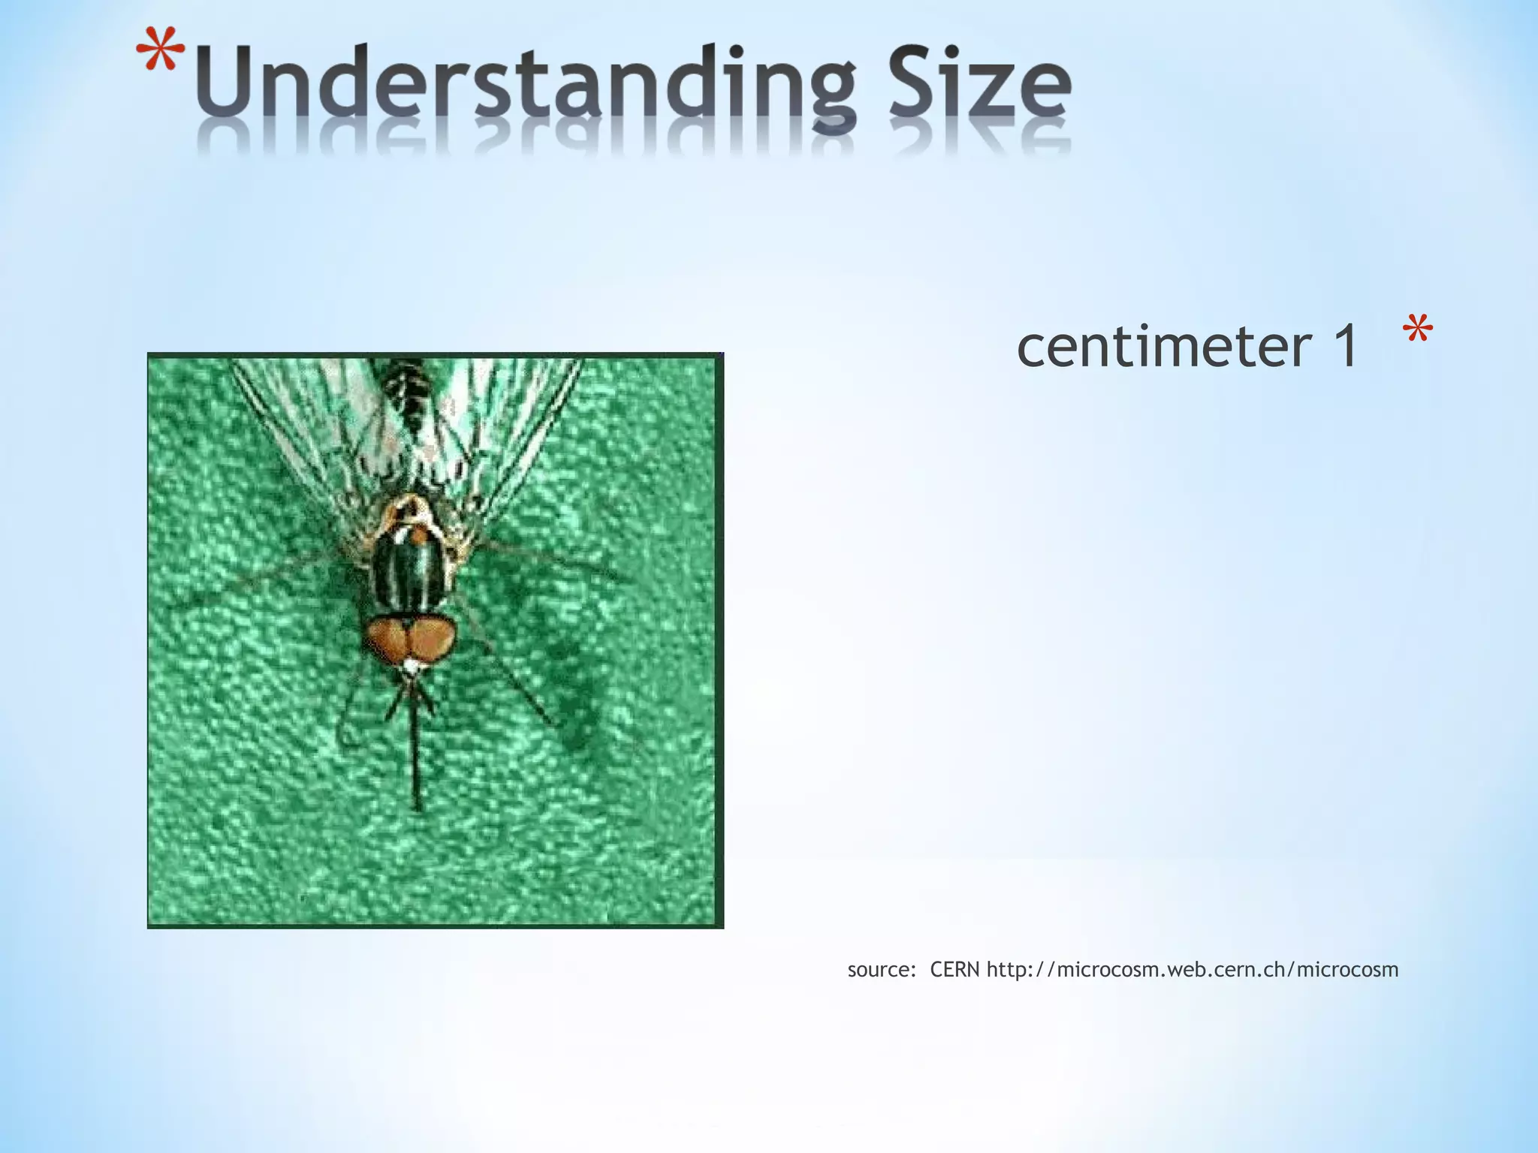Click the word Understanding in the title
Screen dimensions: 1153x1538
(x=526, y=90)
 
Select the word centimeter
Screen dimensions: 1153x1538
(x=1164, y=347)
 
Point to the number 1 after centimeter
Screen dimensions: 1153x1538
(x=1344, y=347)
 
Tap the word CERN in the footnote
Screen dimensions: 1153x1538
(x=954, y=970)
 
